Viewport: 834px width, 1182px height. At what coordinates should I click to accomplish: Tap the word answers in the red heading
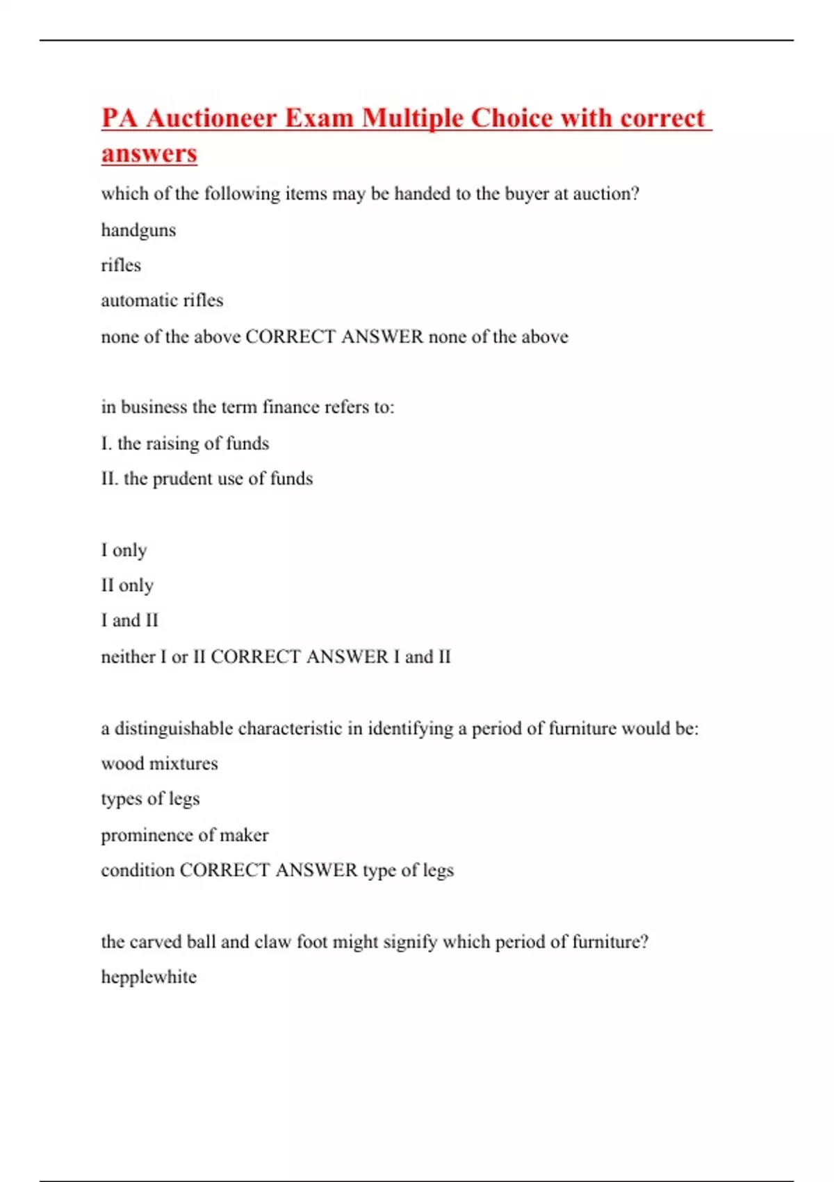[x=149, y=154]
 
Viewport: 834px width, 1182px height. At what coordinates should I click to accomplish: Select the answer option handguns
[x=138, y=230]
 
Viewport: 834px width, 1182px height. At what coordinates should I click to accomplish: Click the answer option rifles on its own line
[x=121, y=265]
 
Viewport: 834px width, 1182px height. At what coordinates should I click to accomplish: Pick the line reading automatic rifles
[x=162, y=300]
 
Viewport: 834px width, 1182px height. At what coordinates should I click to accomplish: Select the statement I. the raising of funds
[x=185, y=443]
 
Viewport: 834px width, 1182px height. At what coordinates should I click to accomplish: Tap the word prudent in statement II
[x=182, y=479]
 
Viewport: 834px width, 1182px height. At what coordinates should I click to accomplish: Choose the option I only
[x=124, y=550]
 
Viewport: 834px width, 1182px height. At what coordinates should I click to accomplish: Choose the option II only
[x=127, y=585]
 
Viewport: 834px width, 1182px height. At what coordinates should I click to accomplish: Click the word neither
[x=129, y=656]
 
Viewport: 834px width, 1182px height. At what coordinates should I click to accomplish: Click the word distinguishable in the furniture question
[x=173, y=729]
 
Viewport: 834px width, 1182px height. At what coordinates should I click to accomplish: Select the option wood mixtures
[x=159, y=763]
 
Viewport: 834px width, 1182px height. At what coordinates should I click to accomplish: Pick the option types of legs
[x=150, y=799]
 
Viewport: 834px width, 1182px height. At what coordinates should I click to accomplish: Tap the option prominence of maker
[x=184, y=835]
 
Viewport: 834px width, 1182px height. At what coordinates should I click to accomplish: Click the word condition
[x=138, y=871]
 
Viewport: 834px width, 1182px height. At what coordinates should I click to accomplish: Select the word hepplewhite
[x=149, y=977]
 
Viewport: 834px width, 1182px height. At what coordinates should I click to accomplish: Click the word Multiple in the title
[x=414, y=118]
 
